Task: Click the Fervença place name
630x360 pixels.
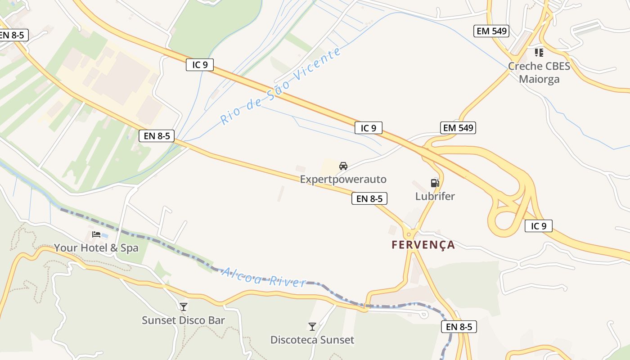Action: (x=423, y=245)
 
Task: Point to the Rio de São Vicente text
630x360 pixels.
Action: (x=280, y=86)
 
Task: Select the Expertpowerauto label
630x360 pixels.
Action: (x=343, y=180)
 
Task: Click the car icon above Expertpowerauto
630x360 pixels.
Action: (x=343, y=166)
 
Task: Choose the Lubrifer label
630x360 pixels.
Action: (x=435, y=196)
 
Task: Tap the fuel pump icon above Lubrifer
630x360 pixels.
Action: (x=435, y=183)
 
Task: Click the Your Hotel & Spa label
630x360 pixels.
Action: (x=96, y=248)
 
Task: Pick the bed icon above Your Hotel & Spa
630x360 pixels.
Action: (x=96, y=234)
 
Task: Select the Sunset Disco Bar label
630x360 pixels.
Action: (x=183, y=320)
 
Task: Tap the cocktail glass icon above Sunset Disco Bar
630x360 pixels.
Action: (x=183, y=307)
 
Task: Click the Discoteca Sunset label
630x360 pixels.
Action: (x=312, y=340)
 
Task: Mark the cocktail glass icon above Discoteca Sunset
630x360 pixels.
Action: (x=312, y=326)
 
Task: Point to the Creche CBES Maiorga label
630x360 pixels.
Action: (x=539, y=72)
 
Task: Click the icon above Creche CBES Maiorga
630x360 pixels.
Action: (x=539, y=53)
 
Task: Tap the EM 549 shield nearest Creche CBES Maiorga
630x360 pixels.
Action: (x=491, y=31)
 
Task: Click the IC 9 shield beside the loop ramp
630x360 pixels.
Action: (x=538, y=226)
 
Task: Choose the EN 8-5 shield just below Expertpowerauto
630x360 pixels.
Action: (x=369, y=198)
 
